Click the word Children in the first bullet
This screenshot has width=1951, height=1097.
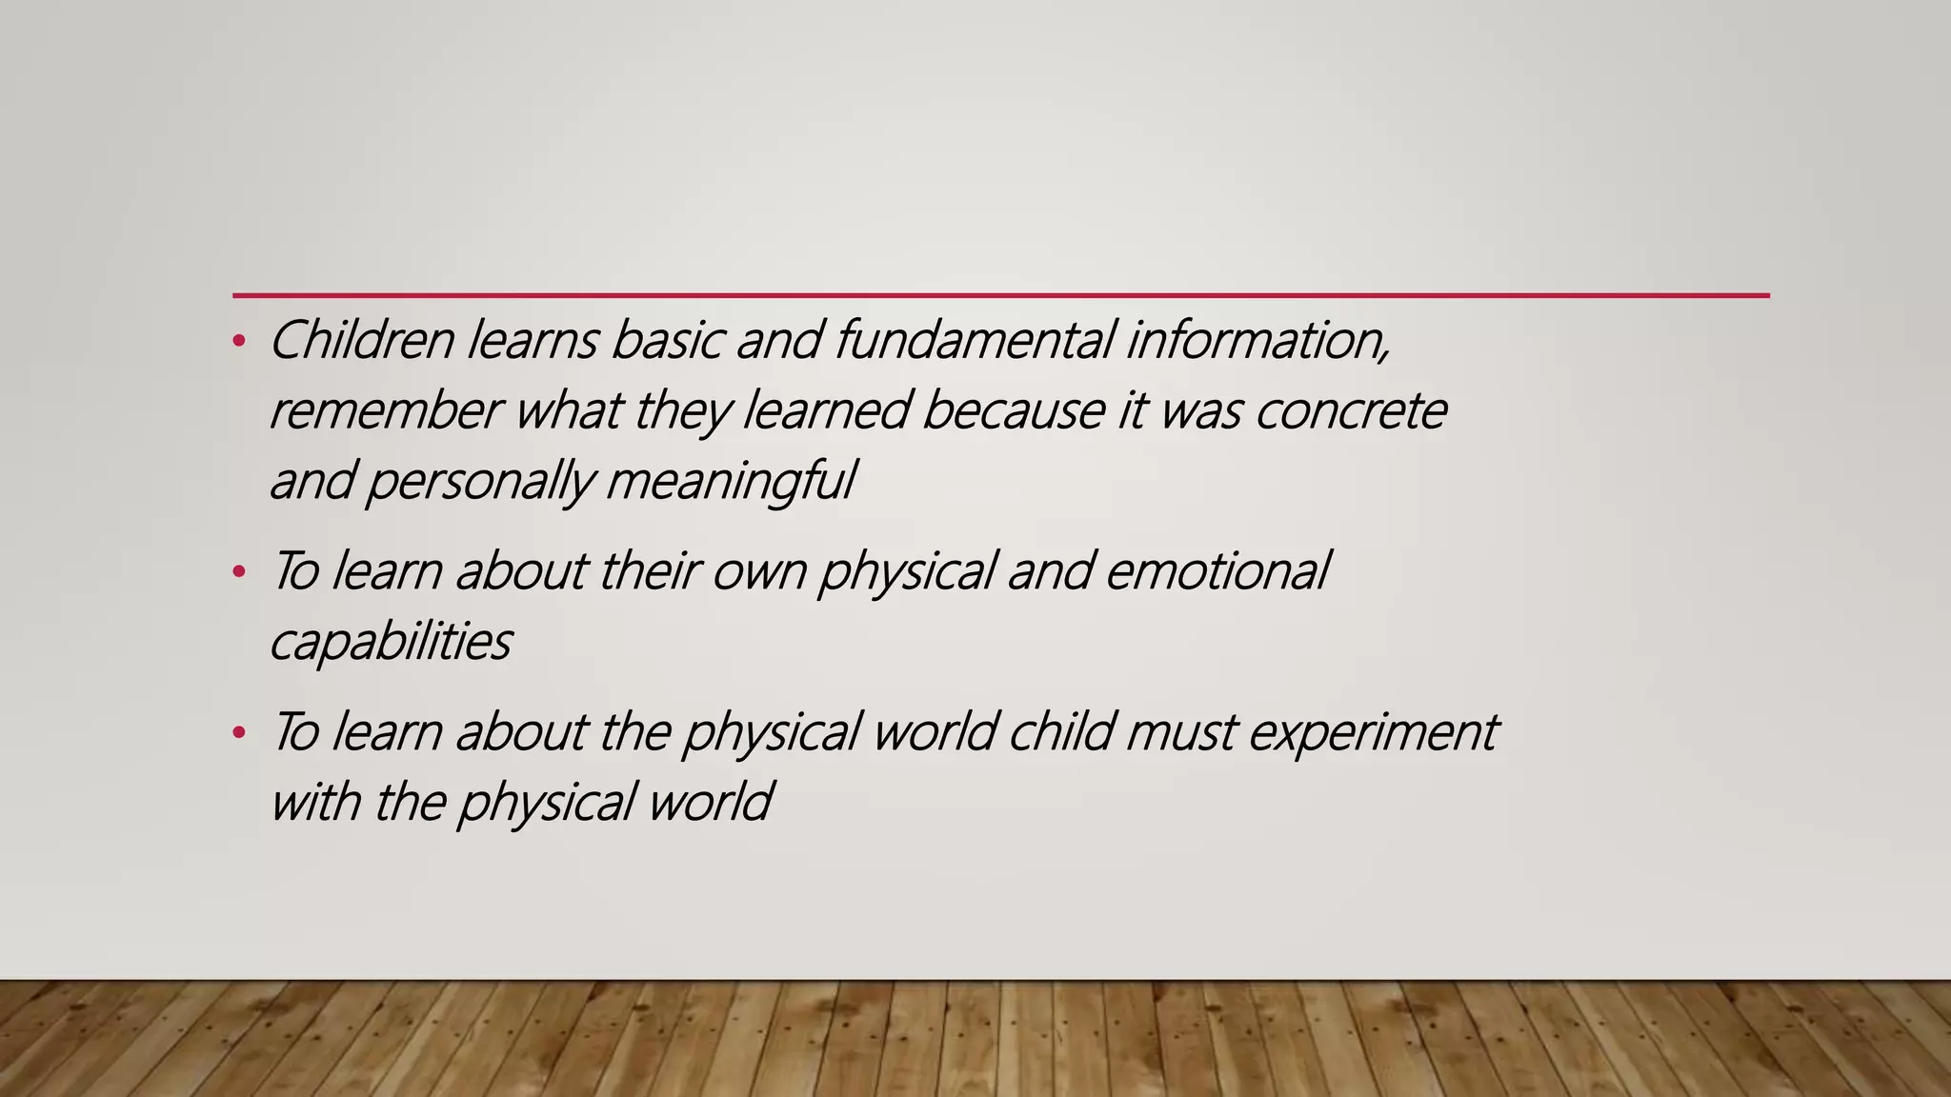[x=362, y=340]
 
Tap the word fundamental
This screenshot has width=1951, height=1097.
[x=974, y=340]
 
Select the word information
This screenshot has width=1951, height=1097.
[x=1257, y=340]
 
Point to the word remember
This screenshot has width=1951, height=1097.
[x=385, y=410]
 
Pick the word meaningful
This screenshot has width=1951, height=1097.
[x=731, y=481]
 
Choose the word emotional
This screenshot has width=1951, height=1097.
[x=1217, y=571]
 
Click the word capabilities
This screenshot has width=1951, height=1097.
[x=391, y=642]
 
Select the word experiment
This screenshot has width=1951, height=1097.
[x=1373, y=732]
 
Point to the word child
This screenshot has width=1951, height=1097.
[x=1060, y=732]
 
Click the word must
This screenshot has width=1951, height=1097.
[x=1180, y=732]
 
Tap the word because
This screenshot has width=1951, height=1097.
[x=1013, y=410]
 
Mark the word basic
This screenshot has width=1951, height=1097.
[x=667, y=340]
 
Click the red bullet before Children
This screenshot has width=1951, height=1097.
[x=239, y=340]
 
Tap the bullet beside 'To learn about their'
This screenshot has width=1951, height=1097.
[x=239, y=572]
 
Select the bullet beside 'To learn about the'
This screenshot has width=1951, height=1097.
[x=239, y=732]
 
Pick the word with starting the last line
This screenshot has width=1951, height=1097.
[x=315, y=802]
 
